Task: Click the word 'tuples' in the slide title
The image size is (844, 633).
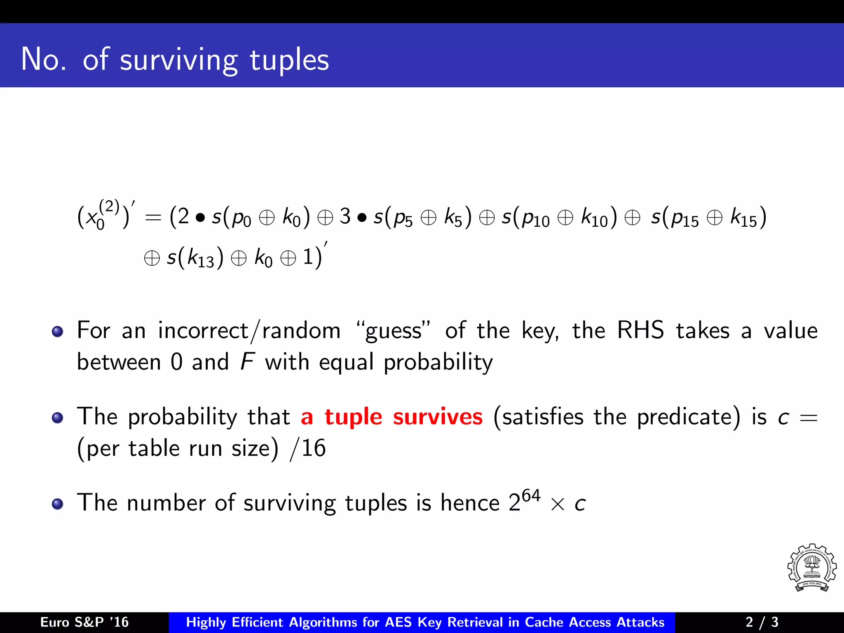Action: coord(289,60)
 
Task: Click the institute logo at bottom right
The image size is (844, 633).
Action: coord(811,568)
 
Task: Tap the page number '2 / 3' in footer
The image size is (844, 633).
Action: coord(762,622)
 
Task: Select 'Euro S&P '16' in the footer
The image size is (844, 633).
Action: coord(84,622)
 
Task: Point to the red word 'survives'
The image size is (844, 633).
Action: coord(438,417)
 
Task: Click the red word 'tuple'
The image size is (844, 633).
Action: coord(354,417)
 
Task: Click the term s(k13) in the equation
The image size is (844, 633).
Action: coord(195,258)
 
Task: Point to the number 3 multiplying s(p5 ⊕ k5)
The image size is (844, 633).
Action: coord(345,216)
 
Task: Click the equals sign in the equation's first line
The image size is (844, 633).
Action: coord(153,218)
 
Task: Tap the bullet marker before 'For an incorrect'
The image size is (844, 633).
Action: coord(58,331)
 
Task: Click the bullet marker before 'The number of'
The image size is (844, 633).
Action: coord(58,504)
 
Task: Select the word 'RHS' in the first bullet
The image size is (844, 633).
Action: coord(640,331)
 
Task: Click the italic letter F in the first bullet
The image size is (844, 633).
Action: coord(247,362)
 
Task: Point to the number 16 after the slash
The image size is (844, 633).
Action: coord(314,448)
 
